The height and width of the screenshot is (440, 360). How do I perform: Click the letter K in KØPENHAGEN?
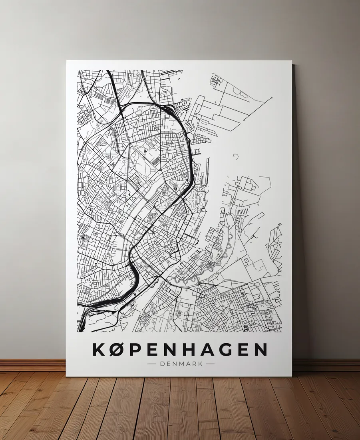click(x=99, y=349)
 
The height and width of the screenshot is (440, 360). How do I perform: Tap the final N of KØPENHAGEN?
click(x=260, y=349)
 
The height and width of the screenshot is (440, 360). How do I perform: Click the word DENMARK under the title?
click(x=181, y=364)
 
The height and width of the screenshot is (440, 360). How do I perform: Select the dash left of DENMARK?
click(x=152, y=364)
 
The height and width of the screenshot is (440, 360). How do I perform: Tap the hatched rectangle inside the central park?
click(x=155, y=160)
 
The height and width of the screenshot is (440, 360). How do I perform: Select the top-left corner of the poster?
click(x=67, y=61)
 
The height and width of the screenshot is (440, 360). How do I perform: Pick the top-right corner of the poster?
click(x=291, y=61)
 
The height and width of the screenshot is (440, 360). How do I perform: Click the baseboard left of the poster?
click(x=32, y=365)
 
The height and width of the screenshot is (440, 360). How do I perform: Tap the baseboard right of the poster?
click(x=326, y=365)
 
